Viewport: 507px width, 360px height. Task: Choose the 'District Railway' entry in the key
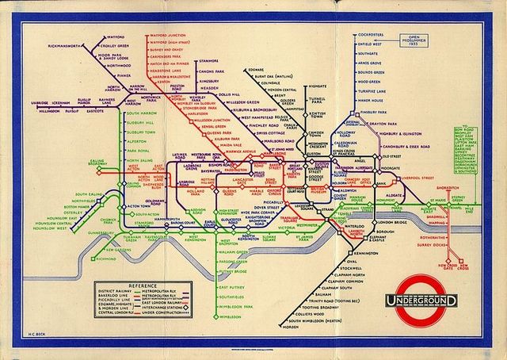[x=114, y=289]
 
